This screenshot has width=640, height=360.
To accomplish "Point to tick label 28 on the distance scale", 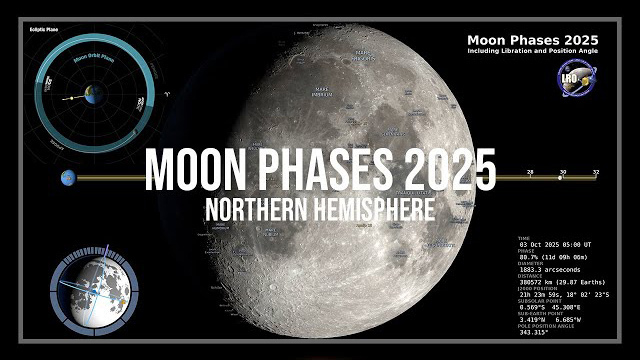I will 530,173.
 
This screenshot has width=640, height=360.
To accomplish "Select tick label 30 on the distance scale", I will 562,173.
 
